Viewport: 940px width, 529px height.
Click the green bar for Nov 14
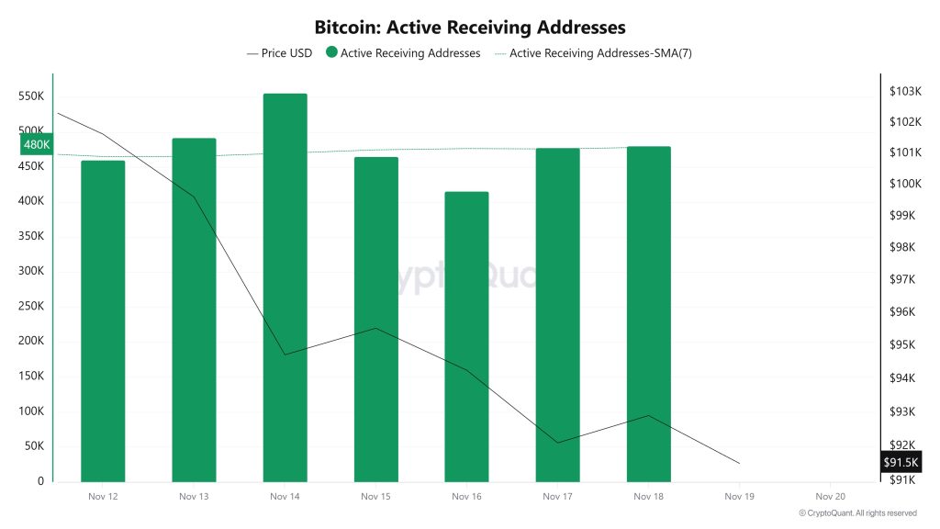285,287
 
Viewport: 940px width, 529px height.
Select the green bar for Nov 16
466,336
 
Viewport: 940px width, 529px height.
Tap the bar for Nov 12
103,321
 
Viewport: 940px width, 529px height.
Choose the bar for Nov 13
194,310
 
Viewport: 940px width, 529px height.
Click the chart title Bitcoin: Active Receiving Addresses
470,28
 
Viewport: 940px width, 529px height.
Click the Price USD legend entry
280,53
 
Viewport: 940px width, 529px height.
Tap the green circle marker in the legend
330,53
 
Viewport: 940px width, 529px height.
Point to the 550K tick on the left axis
31,96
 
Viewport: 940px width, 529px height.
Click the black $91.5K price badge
901,462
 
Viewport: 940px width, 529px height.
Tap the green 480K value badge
36,145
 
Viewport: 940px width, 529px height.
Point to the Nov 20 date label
830,497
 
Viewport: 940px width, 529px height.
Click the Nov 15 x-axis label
375,497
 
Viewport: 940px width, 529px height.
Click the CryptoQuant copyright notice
857,513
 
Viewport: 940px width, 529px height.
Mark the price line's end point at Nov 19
739,464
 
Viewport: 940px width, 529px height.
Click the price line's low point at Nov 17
557,443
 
